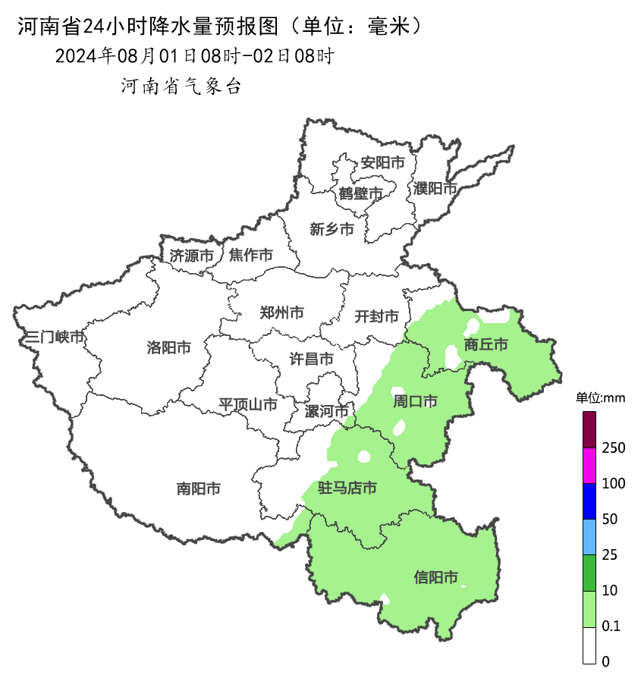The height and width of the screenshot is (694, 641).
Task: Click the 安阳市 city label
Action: tap(382, 162)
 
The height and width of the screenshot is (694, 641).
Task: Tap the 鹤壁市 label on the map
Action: tap(360, 193)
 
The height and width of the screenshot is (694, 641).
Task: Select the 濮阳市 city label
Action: tap(435, 188)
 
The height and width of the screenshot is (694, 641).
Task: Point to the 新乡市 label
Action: tap(331, 229)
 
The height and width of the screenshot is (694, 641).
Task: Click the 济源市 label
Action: tap(191, 256)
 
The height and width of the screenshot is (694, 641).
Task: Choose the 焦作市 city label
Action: tap(250, 256)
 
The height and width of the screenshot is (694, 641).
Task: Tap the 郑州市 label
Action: tap(281, 312)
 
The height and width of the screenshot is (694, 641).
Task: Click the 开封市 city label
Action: tap(377, 316)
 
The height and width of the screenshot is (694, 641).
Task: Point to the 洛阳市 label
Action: tap(168, 348)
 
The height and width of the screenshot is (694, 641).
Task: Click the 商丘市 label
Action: tap(486, 345)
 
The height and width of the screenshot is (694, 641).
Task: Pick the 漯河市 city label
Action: tap(326, 411)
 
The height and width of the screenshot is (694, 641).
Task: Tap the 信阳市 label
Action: tap(436, 578)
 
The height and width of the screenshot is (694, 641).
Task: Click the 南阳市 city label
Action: tap(199, 489)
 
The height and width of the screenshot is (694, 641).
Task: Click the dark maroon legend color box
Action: tap(589, 429)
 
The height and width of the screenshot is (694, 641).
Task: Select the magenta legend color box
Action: tap(589, 465)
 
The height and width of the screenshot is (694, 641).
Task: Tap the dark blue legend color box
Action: tap(589, 501)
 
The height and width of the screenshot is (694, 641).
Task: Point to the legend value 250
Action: tap(613, 448)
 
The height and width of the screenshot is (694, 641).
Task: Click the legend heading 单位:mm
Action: tap(599, 398)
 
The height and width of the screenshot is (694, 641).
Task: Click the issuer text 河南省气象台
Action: tap(181, 86)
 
